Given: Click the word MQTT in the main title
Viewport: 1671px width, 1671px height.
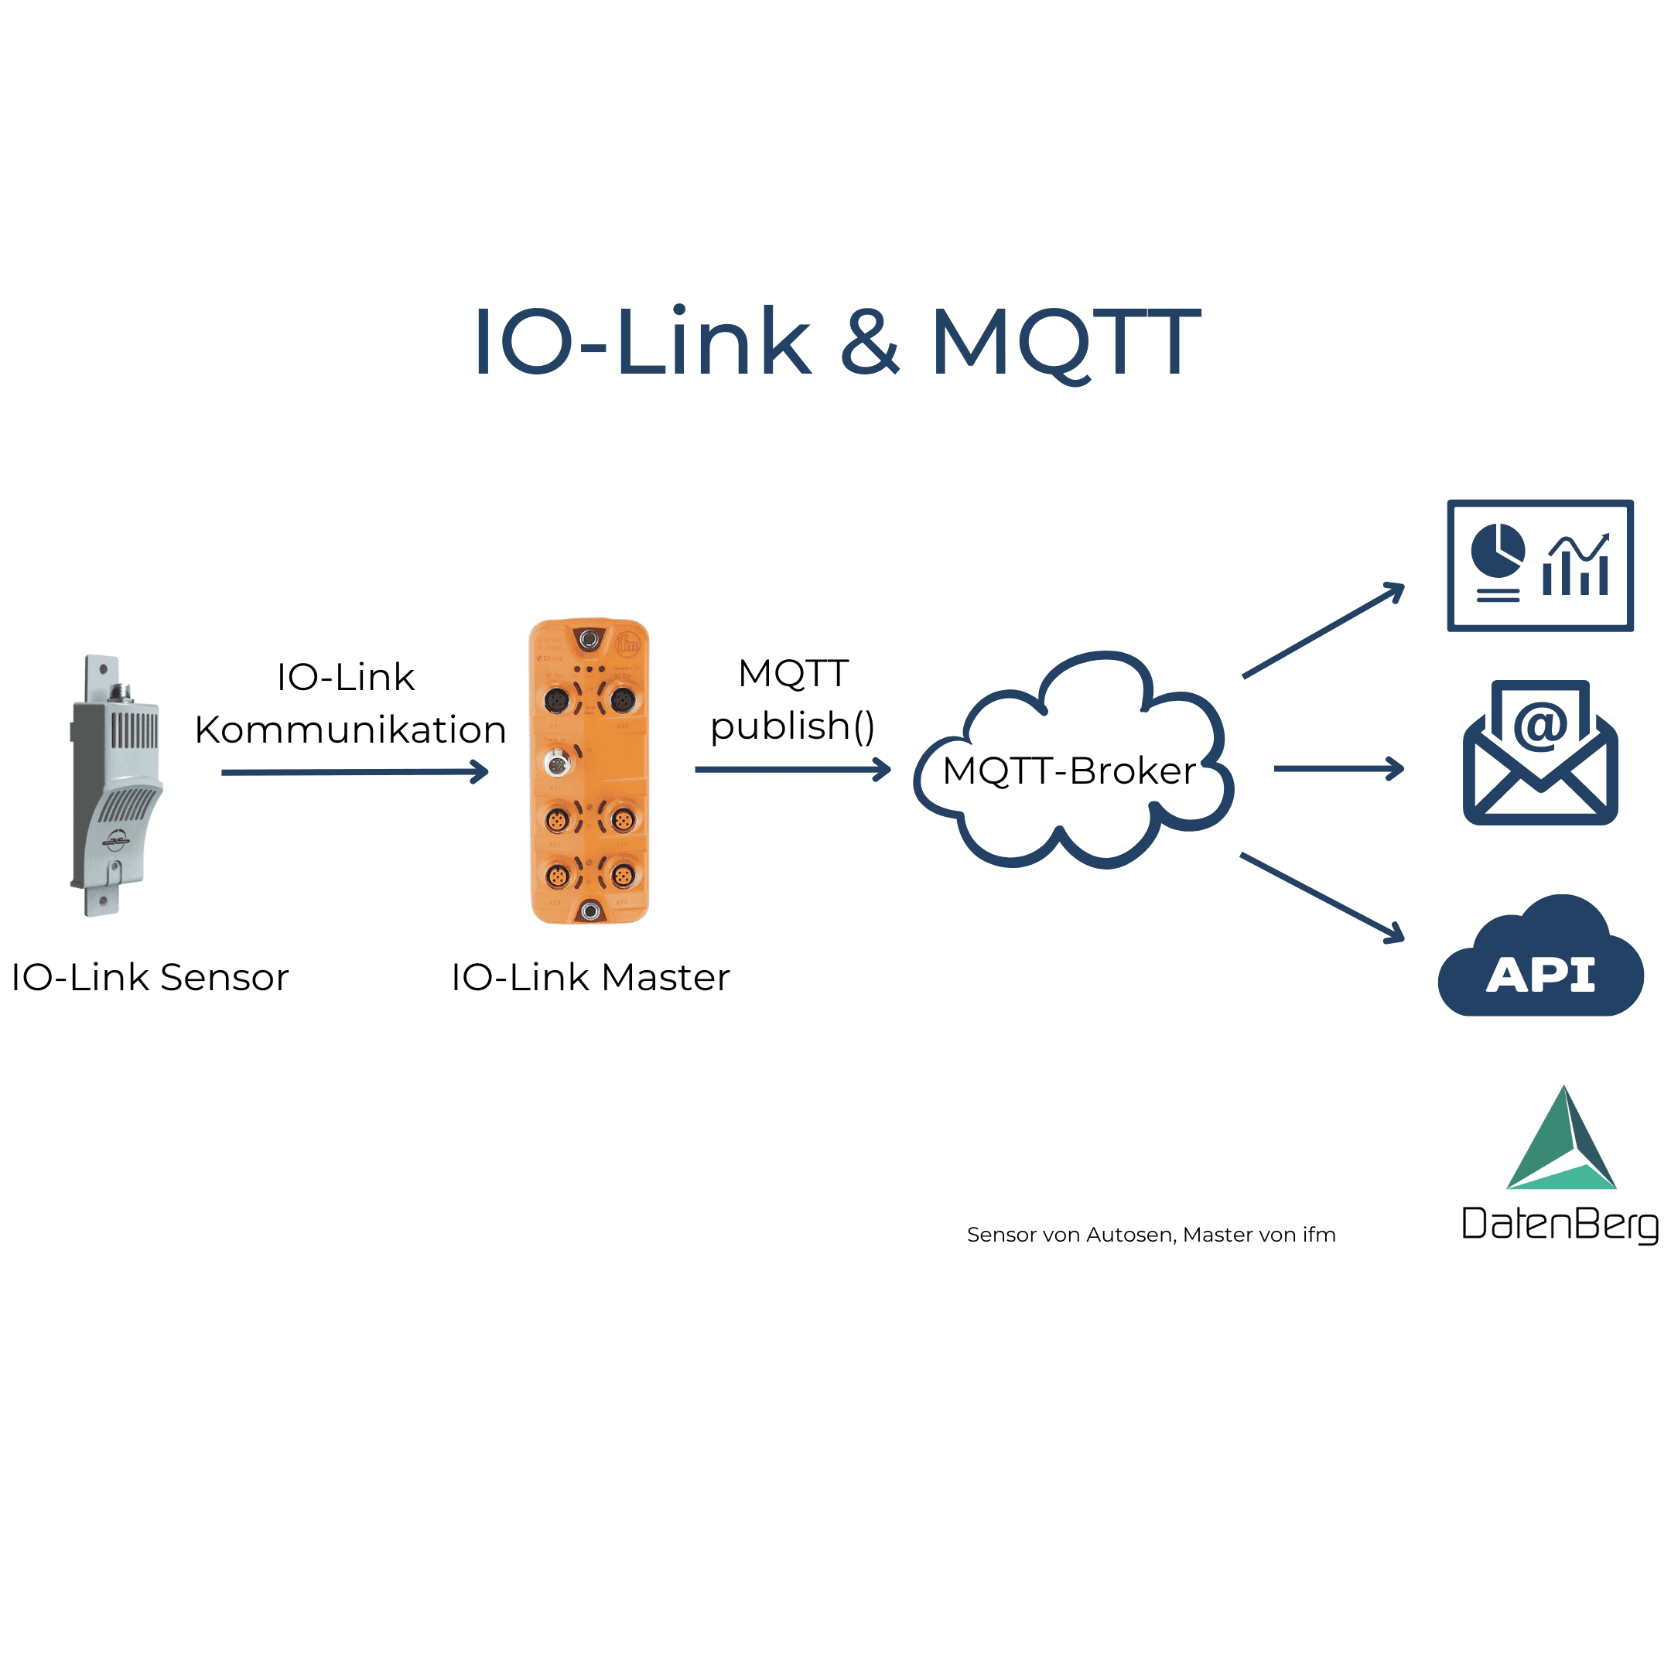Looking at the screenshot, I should point(1064,343).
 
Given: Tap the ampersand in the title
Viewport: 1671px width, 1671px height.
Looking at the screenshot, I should point(870,343).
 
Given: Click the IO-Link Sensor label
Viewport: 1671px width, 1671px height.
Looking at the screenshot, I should point(149,977).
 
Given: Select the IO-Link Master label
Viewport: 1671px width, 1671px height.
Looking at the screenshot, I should point(591,977).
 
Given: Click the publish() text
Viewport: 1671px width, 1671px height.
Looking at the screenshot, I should point(792,726).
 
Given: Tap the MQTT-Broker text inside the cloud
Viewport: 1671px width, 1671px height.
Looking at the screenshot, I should point(1069,771).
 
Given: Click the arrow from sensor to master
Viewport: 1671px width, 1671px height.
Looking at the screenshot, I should point(354,771).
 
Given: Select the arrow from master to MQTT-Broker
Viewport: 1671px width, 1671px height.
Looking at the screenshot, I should point(791,769).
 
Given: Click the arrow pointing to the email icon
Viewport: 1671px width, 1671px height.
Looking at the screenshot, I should point(1338,768).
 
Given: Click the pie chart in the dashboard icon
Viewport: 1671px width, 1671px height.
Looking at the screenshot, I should point(1497,550).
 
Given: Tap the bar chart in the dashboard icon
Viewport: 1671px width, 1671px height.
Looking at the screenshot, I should point(1576,567).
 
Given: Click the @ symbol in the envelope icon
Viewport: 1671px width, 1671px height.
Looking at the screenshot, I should point(1540,725).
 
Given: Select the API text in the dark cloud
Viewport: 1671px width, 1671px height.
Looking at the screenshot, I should point(1540,976).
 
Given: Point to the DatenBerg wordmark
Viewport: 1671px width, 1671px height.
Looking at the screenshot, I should point(1560,1225).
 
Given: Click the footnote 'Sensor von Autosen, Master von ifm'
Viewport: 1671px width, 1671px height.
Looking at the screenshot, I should point(1151,1234).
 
